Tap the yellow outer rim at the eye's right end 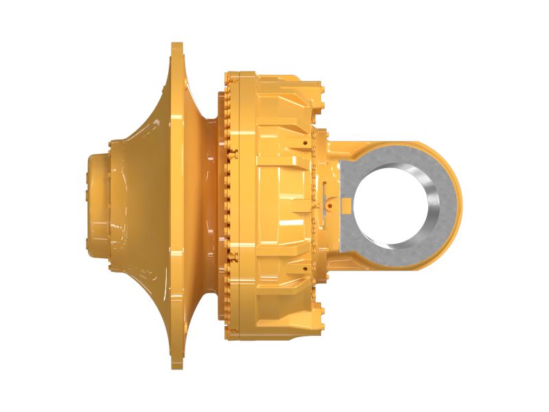click(x=458, y=206)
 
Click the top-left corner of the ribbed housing click(x=231, y=71)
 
